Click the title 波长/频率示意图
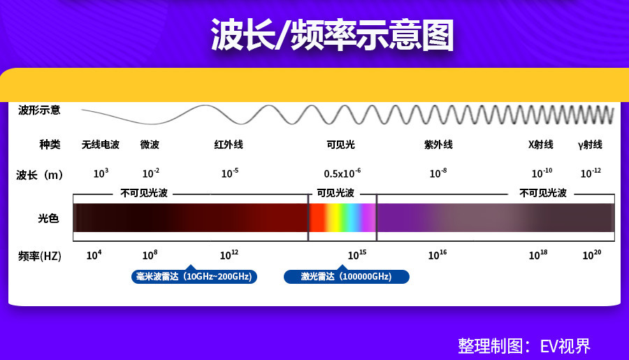pyautogui.click(x=332, y=35)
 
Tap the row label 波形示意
pyautogui.click(x=39, y=110)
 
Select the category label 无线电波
pyautogui.click(x=100, y=145)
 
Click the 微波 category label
pyautogui.click(x=150, y=145)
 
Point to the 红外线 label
pyautogui.click(x=229, y=145)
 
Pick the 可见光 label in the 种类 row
pyautogui.click(x=340, y=145)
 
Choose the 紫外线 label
pyautogui.click(x=438, y=145)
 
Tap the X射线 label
pyautogui.click(x=540, y=145)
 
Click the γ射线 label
pyautogui.click(x=590, y=145)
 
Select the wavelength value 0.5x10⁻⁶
pyautogui.click(x=342, y=173)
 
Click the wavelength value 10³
pyautogui.click(x=101, y=173)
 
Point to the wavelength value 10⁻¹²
pyautogui.click(x=591, y=173)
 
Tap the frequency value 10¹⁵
pyautogui.click(x=356, y=255)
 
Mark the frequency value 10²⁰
pyautogui.click(x=592, y=255)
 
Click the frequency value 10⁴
pyautogui.click(x=94, y=255)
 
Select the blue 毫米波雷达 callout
pyautogui.click(x=194, y=276)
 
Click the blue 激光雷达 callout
pyautogui.click(x=347, y=276)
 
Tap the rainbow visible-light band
pyautogui.click(x=342, y=217)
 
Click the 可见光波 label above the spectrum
pyautogui.click(x=335, y=193)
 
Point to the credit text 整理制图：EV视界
pyautogui.click(x=524, y=346)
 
